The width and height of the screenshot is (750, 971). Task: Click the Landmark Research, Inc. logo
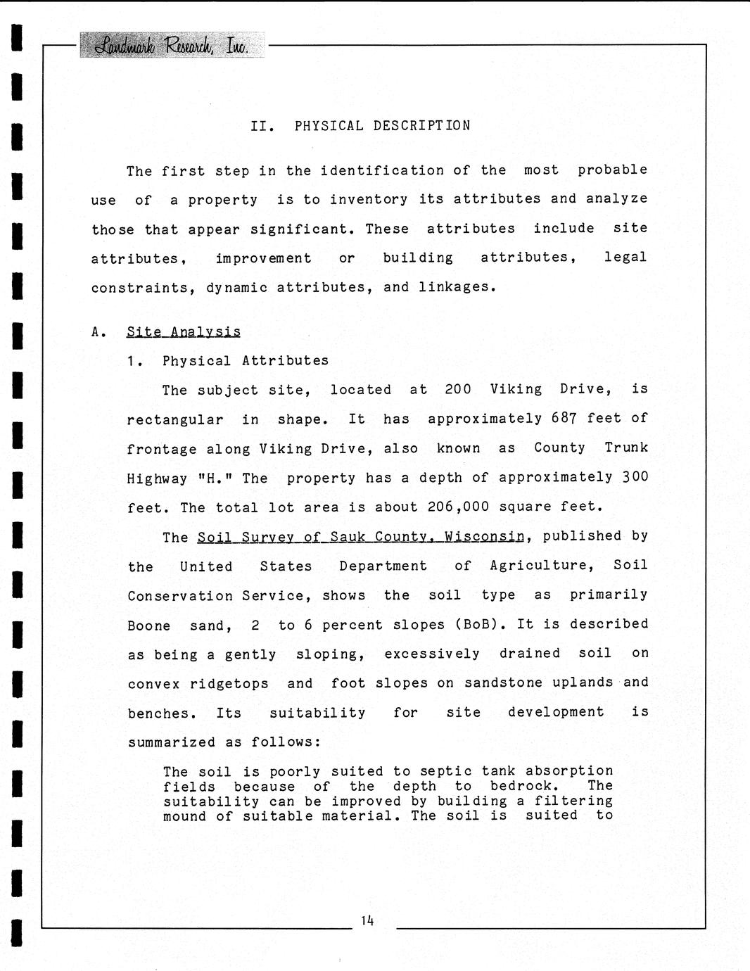172,45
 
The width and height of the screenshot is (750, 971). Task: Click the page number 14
367,920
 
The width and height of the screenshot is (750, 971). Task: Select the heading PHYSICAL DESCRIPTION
382,126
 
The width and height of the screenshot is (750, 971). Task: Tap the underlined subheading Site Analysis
183,331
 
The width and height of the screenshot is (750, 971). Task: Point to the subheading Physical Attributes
245,361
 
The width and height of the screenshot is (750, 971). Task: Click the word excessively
431,654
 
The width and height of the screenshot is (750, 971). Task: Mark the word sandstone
503,683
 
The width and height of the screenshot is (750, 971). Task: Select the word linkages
457,287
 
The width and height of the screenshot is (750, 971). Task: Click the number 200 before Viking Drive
457,390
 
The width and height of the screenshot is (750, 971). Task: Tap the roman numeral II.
262,126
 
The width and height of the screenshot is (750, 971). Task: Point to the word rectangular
174,420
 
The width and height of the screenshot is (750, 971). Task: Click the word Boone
148,626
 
